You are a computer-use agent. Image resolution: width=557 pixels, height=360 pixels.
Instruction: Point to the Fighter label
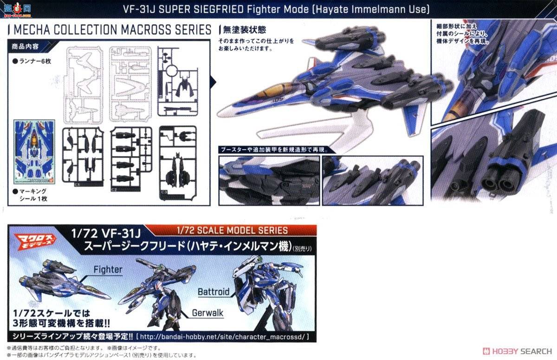108,269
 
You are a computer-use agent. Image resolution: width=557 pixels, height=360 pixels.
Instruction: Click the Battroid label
214,292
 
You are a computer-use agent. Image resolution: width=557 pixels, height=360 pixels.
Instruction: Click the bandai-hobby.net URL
223,337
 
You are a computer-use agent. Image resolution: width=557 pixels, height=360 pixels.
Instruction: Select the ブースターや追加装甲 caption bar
274,150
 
